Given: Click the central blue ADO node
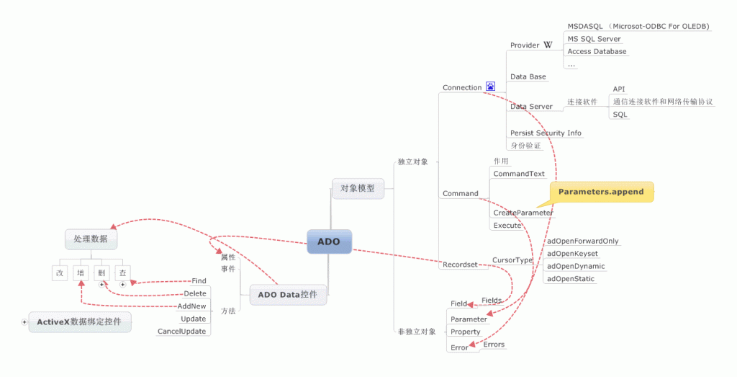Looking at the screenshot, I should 329,241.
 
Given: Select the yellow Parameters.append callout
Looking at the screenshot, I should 602,192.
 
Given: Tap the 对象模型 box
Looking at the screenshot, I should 358,188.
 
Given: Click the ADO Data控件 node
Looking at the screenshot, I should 287,294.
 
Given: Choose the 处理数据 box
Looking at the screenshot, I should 91,238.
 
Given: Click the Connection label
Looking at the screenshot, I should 462,88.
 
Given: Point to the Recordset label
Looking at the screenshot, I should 460,265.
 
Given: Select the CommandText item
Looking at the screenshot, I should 519,174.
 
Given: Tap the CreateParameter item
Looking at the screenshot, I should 523,213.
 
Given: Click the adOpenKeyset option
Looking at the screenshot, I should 572,254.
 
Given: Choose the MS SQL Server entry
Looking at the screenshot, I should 594,39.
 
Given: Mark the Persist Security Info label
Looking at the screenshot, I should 546,133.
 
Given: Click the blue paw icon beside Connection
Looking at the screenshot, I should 490,87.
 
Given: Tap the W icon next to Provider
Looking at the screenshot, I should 548,45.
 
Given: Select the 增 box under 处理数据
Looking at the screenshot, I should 81,273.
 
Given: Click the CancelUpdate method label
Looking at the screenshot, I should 181,332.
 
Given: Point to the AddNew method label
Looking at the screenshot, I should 191,306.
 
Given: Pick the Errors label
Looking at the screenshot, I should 494,345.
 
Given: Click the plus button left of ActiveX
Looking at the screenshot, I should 24,321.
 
